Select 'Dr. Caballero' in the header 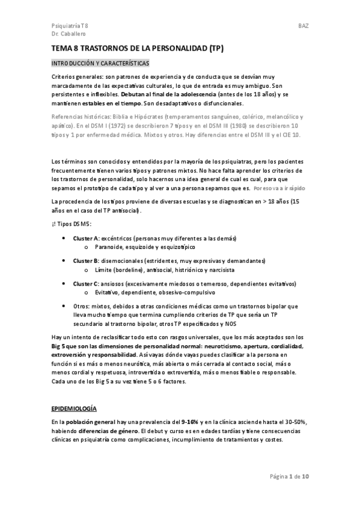(69, 35)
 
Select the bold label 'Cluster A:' (86, 238)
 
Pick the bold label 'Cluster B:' (86, 260)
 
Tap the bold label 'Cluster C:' (86, 283)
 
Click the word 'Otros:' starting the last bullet (82, 306)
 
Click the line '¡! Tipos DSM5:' (72, 224)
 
